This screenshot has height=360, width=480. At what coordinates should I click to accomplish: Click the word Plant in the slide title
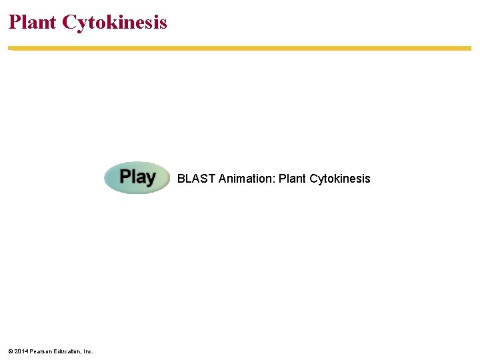33,22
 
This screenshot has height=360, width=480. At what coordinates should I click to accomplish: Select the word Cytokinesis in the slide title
115,23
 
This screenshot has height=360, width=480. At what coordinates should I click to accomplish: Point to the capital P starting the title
14,22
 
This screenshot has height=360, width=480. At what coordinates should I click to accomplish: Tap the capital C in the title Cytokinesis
69,22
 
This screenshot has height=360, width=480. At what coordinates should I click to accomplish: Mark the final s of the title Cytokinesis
163,23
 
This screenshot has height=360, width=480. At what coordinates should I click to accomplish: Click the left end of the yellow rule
10,48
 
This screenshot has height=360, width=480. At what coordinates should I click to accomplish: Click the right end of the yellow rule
469,48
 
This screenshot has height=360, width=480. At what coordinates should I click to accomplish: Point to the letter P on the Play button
125,177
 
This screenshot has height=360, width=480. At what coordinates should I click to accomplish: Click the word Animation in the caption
246,179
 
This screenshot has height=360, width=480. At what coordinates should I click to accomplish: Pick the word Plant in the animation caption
292,179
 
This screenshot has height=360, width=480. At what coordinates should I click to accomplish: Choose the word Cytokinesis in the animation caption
340,179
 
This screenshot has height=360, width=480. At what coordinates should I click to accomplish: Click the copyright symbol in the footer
10,351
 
